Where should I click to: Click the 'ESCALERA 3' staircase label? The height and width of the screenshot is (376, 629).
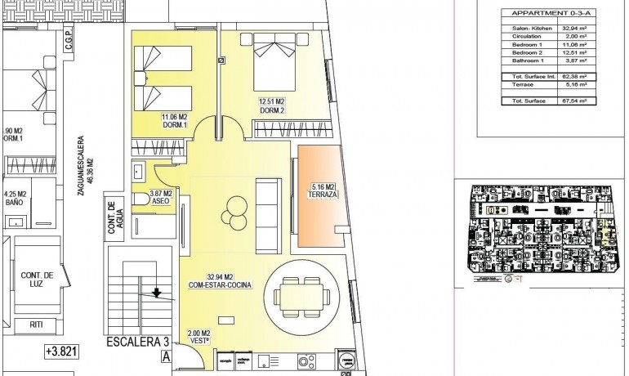point(136,342)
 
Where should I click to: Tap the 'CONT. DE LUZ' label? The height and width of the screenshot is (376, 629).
point(37,280)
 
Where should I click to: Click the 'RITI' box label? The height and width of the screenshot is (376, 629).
point(36,325)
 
